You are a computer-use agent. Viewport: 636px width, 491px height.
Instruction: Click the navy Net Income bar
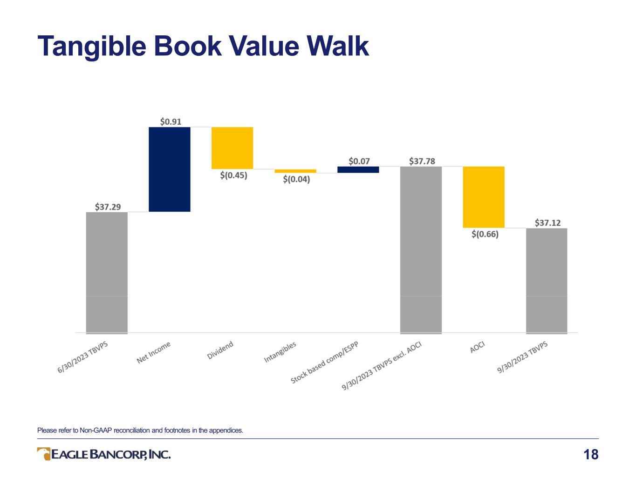coord(170,169)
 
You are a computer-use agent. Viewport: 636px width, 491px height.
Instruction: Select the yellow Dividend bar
coord(233,148)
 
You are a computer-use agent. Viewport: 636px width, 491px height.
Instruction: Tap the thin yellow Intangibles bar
coord(295,171)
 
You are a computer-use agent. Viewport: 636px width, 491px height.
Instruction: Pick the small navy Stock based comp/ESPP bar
coord(358,170)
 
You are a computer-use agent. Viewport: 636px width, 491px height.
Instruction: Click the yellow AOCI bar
coord(484,197)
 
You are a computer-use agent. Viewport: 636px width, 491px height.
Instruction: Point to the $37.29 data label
coord(108,207)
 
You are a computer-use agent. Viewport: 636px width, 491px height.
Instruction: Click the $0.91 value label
coord(171,121)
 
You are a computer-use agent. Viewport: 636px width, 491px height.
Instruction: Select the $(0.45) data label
coord(233,175)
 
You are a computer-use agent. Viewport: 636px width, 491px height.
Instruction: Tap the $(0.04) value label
coord(296,179)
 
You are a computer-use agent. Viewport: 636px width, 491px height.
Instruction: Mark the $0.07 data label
coord(359,161)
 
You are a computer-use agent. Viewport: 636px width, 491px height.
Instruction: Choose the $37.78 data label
coord(422,161)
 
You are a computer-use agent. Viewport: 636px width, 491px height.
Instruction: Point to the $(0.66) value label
coord(485,234)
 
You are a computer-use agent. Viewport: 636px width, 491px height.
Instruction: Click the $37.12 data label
coord(547,223)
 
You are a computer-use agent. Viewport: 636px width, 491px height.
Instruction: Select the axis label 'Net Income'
coord(154,353)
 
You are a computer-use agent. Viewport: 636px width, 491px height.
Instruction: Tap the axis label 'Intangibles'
coord(280,352)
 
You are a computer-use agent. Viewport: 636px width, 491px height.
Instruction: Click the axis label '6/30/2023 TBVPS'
coord(82,357)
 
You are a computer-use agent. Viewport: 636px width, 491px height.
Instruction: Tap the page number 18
coord(591,455)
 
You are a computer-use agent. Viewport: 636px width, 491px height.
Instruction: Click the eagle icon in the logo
coord(44,454)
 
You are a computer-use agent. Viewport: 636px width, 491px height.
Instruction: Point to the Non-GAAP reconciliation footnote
coord(140,430)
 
